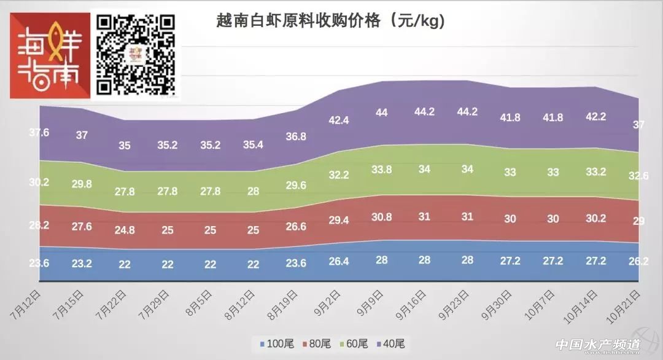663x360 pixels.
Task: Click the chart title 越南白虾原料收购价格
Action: [330, 21]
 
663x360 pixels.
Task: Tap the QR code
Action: [137, 55]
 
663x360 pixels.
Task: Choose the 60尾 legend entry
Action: [353, 343]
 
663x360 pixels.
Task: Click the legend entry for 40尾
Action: [390, 343]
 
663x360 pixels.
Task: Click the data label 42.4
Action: [339, 120]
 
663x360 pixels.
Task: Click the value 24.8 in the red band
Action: [124, 230]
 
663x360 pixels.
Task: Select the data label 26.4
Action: [339, 262]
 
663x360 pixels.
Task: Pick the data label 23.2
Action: [82, 263]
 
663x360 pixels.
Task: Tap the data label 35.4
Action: [253, 145]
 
